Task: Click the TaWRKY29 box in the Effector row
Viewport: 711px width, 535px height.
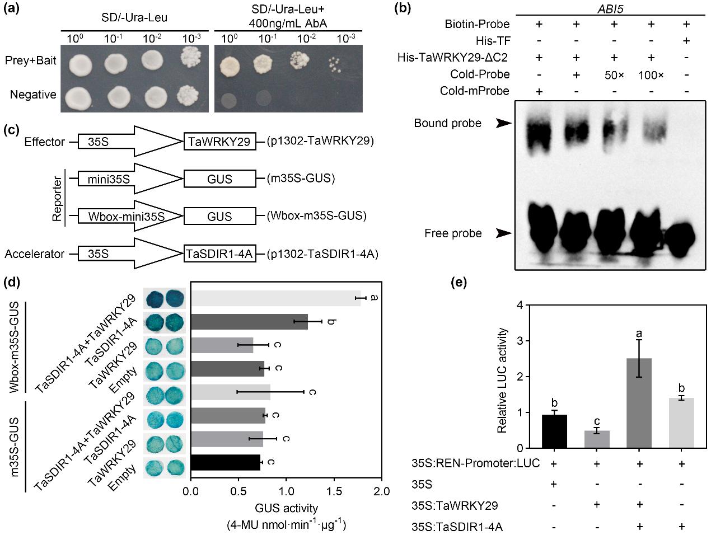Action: [220, 142]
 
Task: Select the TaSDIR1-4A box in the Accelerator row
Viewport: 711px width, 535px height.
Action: [220, 254]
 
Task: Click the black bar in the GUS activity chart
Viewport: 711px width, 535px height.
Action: [226, 462]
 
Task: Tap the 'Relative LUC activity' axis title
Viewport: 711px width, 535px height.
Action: [502, 381]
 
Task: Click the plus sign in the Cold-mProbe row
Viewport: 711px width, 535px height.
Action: [540, 91]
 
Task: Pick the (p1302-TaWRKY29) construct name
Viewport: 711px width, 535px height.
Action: [320, 142]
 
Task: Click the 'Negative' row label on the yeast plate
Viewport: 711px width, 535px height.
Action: [33, 95]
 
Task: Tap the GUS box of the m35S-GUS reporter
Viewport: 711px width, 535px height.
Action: [220, 179]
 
